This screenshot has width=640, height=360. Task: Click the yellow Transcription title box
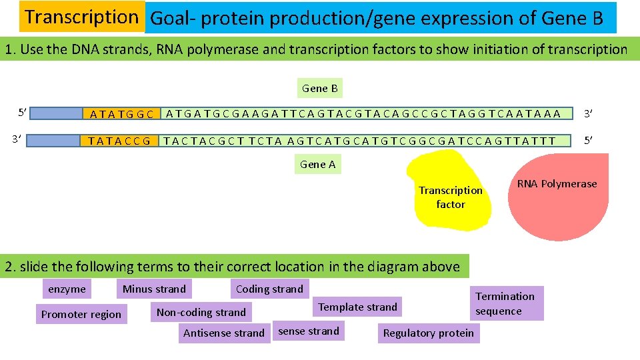81,17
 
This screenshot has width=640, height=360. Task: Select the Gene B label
320,88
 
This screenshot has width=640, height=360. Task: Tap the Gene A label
318,164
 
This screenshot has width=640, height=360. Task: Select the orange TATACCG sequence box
120,141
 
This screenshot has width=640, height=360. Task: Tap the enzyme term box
67,289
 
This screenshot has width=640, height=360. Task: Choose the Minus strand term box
154,289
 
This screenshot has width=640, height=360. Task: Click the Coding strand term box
269,289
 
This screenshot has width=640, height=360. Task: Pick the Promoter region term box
81,314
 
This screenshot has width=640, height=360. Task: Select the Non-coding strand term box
201,312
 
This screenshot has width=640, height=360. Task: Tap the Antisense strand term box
224,333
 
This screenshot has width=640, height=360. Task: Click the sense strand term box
309,331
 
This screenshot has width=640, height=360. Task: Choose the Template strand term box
357,307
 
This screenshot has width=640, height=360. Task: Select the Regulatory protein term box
429,333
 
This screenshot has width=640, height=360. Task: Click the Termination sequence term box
505,303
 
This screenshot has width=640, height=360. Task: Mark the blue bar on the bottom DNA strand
56,141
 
